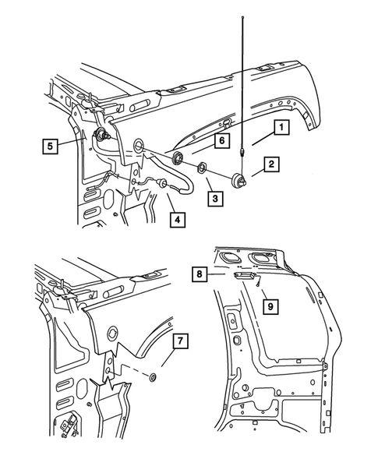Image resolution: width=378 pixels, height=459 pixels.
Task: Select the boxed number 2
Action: (272, 164)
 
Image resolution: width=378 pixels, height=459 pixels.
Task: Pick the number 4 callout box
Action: (178, 221)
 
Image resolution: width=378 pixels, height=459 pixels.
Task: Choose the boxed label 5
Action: (51, 145)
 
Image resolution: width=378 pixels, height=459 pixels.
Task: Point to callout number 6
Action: (221, 141)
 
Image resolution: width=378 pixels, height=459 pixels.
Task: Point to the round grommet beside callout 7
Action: (153, 379)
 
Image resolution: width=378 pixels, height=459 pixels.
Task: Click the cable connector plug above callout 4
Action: (163, 183)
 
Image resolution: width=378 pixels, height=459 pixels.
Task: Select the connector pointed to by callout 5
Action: (101, 136)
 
